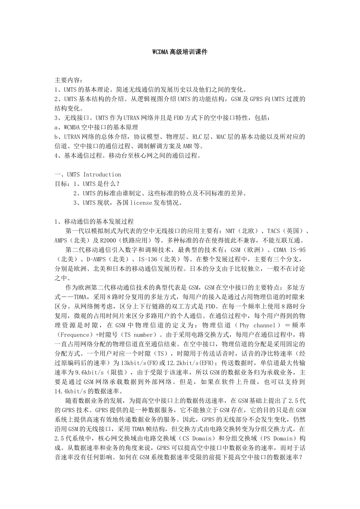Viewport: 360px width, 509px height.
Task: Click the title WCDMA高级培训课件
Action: (180, 52)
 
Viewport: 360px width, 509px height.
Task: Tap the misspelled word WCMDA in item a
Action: (72, 127)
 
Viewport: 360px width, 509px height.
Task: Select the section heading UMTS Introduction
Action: (94, 175)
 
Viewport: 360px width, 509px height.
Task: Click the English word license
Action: (141, 203)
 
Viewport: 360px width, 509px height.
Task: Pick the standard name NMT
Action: (230, 231)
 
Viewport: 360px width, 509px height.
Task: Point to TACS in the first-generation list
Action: (274, 231)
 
